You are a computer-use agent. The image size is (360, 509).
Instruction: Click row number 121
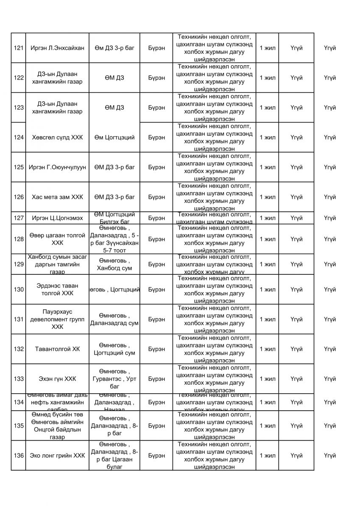pyautogui.click(x=18, y=48)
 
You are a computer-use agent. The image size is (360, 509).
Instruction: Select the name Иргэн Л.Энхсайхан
pyautogui.click(x=58, y=48)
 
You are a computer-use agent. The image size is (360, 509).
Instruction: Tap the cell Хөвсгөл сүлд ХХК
pyautogui.click(x=57, y=137)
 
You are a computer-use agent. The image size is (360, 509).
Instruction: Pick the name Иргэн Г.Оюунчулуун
pyautogui.click(x=58, y=167)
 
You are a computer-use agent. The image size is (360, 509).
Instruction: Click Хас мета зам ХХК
pyautogui.click(x=57, y=197)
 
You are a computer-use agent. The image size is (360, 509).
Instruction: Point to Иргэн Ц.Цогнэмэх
pyautogui.click(x=57, y=218)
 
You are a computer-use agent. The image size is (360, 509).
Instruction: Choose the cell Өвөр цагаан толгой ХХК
pyautogui.click(x=57, y=239)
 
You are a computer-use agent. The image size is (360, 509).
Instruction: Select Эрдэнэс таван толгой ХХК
pyautogui.click(x=57, y=290)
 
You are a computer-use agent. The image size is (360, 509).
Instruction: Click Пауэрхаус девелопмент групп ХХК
pyautogui.click(x=57, y=319)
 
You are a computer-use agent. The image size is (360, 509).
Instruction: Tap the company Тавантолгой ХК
pyautogui.click(x=57, y=349)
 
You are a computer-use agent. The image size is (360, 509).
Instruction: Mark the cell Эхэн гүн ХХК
pyautogui.click(x=57, y=379)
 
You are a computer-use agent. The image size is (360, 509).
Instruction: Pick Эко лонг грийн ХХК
pyautogui.click(x=57, y=456)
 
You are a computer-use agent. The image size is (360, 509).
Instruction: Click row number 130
pyautogui.click(x=18, y=290)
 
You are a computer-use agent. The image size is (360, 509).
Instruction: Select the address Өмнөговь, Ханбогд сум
pyautogui.click(x=114, y=264)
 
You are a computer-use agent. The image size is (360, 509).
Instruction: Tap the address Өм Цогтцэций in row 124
pyautogui.click(x=114, y=137)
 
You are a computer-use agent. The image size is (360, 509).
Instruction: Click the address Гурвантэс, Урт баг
pyautogui.click(x=114, y=379)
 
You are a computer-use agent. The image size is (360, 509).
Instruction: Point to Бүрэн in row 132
pyautogui.click(x=156, y=349)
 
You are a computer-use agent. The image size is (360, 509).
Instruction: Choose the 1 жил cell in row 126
pyautogui.click(x=267, y=197)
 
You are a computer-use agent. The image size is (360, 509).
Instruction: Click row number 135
pyautogui.click(x=18, y=425)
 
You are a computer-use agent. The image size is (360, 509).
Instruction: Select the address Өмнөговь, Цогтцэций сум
pyautogui.click(x=114, y=349)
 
